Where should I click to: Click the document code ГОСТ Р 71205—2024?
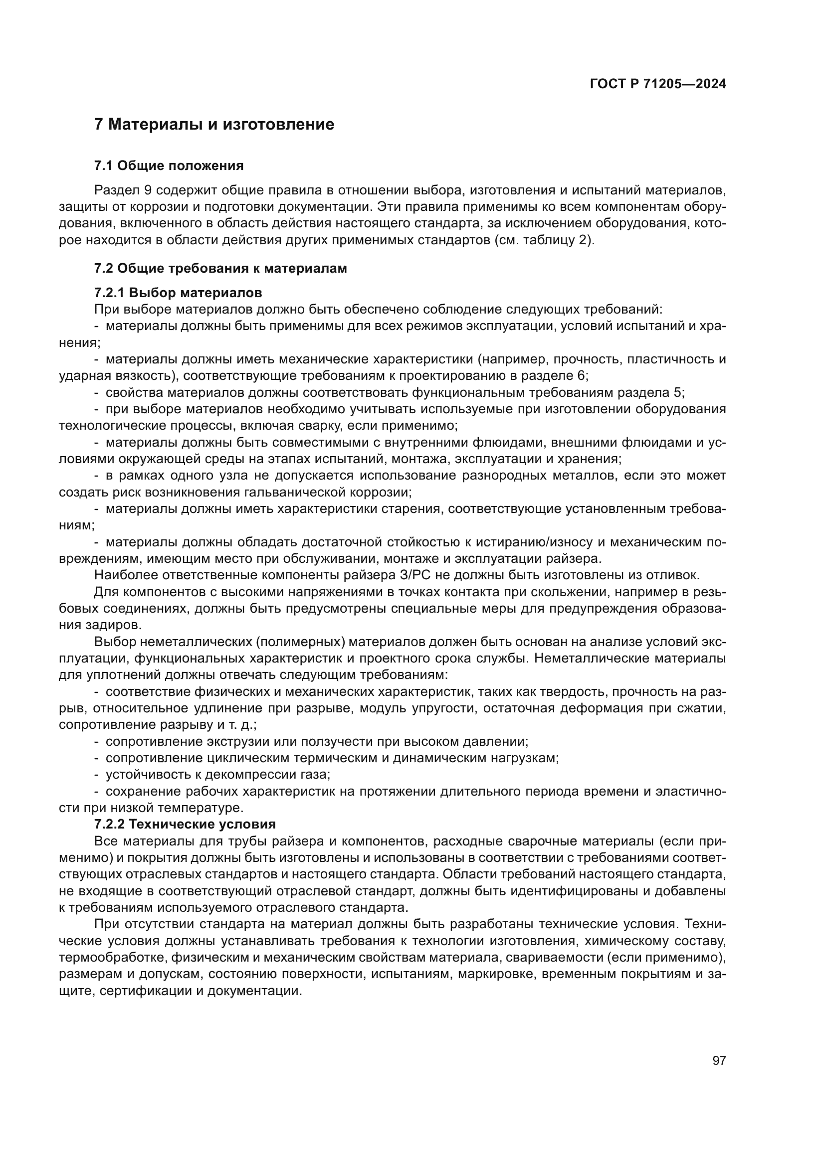(657, 84)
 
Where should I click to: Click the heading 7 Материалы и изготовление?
(214, 124)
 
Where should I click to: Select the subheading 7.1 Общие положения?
(169, 166)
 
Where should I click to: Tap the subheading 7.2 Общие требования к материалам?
(220, 269)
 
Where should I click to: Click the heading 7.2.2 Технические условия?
(185, 824)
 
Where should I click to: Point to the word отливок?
(676, 575)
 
